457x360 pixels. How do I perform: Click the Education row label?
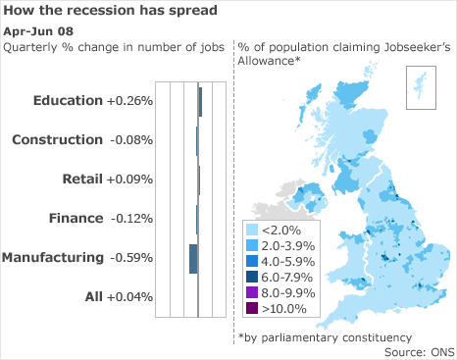pos(67,100)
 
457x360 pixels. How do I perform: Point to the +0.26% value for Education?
pos(129,100)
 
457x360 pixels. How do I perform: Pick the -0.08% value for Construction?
pos(129,139)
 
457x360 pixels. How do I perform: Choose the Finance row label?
pos(76,218)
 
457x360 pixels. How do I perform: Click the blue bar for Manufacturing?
pos(193,259)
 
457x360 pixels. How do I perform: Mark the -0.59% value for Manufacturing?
pos(130,258)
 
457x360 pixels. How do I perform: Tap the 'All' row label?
pos(93,296)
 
